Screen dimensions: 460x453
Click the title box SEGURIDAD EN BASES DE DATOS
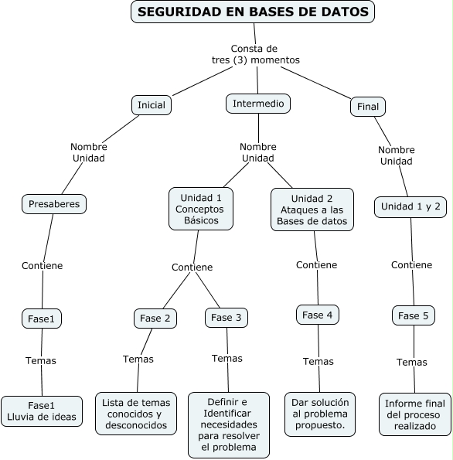pos(254,12)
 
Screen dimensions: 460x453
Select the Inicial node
pos(151,105)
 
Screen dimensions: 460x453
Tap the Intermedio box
pos(258,103)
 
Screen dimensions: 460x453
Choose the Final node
pos(368,107)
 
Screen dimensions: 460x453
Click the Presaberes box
pos(53,204)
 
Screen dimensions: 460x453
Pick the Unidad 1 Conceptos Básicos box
pos(201,209)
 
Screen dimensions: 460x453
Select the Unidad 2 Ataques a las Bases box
pos(312,210)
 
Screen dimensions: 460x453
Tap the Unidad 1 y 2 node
pos(411,206)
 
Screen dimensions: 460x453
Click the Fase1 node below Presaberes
pos(42,318)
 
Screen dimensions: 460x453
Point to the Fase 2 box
pos(155,318)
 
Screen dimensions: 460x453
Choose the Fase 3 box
pos(226,317)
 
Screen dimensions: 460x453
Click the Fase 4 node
pos(318,315)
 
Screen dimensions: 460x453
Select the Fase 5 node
pos(413,315)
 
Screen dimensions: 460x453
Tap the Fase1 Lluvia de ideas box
pos(42,411)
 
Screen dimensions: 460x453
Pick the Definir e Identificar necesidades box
pos(228,424)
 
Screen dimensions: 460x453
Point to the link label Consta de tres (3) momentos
pos(255,54)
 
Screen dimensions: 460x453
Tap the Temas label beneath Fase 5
pos(412,362)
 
